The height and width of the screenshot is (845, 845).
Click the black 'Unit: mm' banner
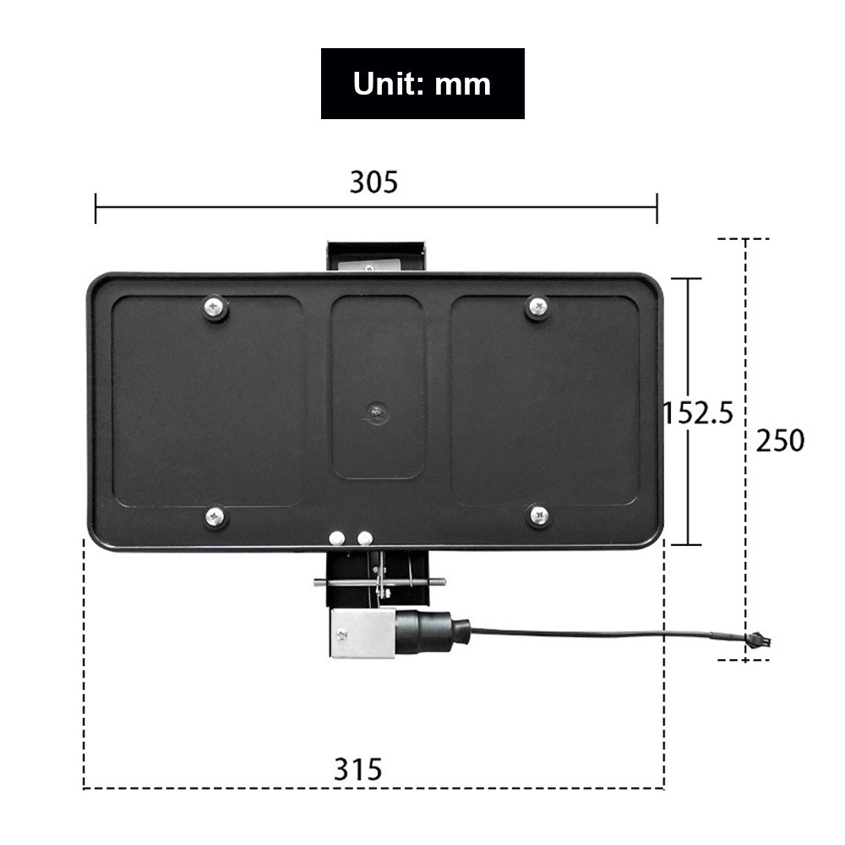422,84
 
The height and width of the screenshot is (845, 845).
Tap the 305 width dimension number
373,182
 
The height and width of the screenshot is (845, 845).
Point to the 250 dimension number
780,440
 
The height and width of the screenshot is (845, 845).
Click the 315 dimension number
357,769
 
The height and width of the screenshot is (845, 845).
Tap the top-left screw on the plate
215,307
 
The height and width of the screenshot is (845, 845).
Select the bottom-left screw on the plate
215,515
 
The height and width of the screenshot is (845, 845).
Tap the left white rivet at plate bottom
337,537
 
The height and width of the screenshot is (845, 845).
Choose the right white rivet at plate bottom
364,537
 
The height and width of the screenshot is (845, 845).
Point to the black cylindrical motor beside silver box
432,631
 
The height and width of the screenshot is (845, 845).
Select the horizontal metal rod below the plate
379,581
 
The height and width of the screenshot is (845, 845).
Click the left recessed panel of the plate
208,401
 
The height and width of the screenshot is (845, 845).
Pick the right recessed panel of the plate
545,401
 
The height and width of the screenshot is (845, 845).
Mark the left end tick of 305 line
95,208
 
